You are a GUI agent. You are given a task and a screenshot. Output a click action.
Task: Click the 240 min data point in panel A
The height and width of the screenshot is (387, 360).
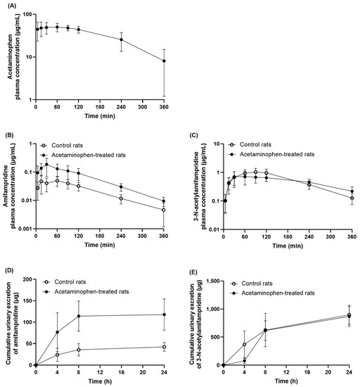pos(121,39)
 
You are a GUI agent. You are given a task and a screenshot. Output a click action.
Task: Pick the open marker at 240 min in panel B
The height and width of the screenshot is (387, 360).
pos(121,198)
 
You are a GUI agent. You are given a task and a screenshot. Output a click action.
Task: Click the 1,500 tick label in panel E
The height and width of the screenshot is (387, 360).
pos(207,279)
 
